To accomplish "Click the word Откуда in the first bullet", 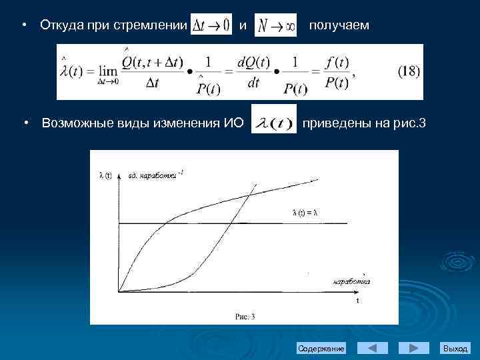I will [x=61, y=25].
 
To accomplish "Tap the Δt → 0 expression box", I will [x=210, y=25].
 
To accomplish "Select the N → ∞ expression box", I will [x=275, y=25].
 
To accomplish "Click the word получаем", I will [x=338, y=25].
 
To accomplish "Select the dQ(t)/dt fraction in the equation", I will [x=253, y=73].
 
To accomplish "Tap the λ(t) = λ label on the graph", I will [x=305, y=213].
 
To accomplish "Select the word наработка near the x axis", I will [x=351, y=281].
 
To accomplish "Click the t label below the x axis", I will [x=357, y=301].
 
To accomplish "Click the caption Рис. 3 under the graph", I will [x=244, y=317].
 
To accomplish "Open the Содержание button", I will [x=321, y=349].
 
